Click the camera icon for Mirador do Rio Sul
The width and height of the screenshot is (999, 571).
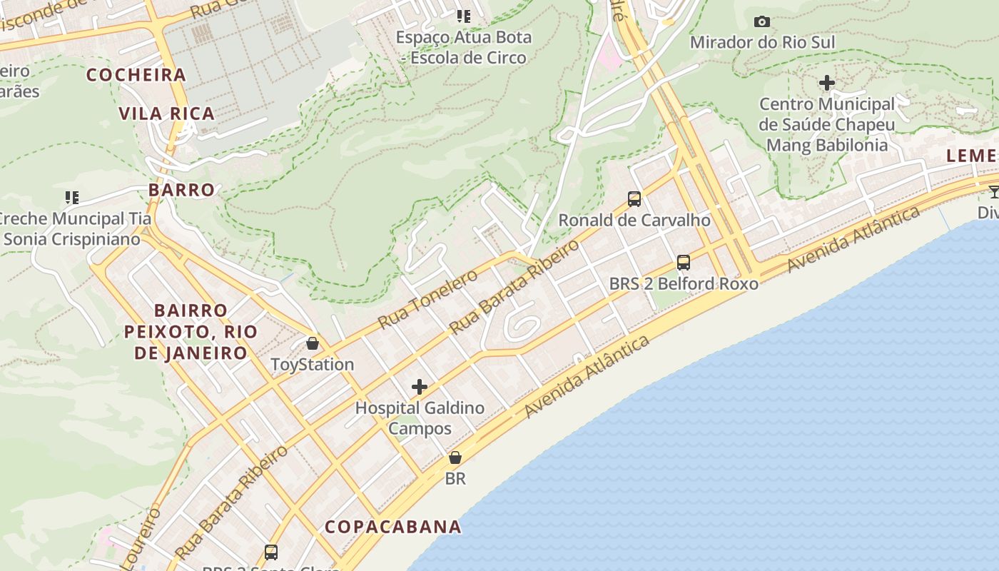pos(762,21)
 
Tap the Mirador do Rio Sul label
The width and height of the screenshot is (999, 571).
pos(762,42)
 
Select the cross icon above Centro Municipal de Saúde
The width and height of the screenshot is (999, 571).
pos(827,83)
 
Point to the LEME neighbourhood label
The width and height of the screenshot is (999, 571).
pos(971,156)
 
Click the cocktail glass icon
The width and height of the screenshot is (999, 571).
pos(994,191)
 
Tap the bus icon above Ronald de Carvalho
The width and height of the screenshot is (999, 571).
pos(634,198)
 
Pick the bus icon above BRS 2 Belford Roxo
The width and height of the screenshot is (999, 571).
pos(684,263)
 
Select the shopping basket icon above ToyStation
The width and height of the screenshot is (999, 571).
pos(313,343)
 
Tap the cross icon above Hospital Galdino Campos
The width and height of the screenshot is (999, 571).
pos(420,387)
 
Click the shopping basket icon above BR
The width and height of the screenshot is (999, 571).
pos(455,458)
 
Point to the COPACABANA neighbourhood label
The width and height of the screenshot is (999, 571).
pos(393,527)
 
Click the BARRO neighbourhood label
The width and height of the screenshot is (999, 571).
pos(181,189)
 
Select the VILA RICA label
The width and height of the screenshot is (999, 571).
pos(166,113)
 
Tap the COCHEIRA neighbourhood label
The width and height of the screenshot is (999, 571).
pos(136,74)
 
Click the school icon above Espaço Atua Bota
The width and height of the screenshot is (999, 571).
pos(464,16)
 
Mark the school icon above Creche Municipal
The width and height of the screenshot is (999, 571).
pos(71,197)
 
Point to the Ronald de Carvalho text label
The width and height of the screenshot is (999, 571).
pos(634,220)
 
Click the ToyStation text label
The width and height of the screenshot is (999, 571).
pos(313,364)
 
